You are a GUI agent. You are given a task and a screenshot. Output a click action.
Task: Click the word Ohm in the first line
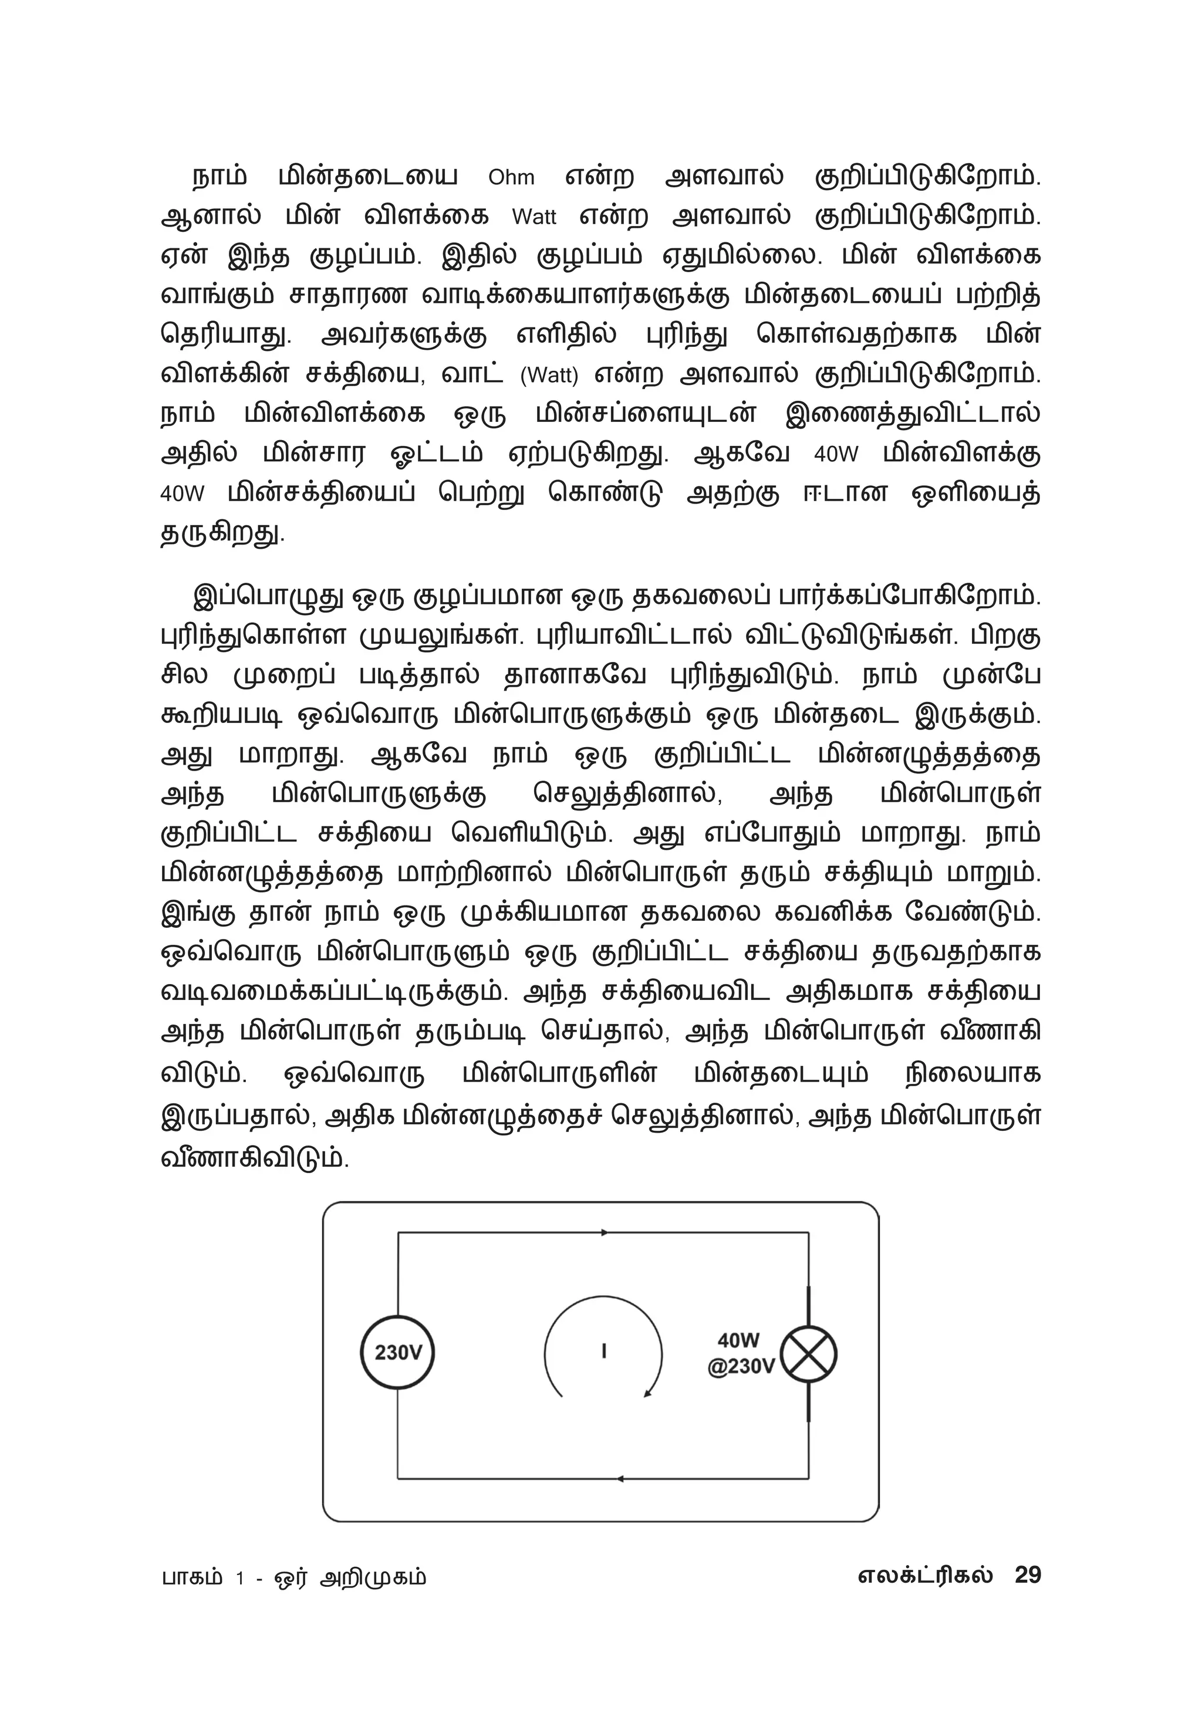pos(511,178)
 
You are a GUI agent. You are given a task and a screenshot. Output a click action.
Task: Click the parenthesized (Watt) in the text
pos(549,375)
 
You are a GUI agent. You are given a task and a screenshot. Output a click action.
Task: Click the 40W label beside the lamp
pos(738,1340)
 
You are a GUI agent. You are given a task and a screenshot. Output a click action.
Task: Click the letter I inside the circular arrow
pos(604,1352)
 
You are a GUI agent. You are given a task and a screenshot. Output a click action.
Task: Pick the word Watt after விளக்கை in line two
pos(534,218)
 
